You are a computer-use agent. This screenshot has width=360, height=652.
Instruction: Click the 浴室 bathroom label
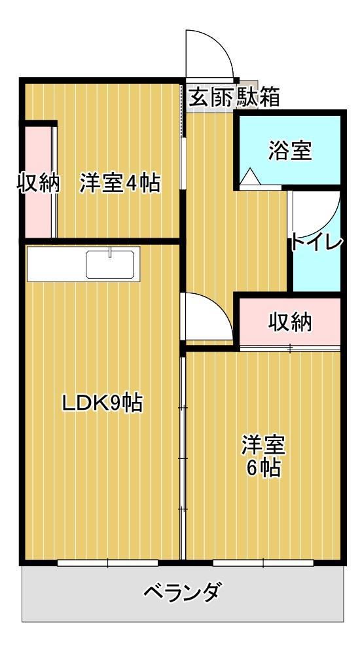[289, 151]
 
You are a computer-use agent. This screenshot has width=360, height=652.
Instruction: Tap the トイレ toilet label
[317, 242]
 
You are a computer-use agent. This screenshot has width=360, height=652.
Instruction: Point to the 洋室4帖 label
[120, 183]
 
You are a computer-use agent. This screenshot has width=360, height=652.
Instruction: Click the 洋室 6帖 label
[263, 456]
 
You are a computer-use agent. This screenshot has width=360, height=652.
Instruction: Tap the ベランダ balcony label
[181, 594]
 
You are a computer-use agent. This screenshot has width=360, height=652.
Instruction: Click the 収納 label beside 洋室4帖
[38, 183]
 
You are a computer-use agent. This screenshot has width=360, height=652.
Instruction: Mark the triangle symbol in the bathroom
[249, 177]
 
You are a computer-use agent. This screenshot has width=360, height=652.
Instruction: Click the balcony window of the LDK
[107, 562]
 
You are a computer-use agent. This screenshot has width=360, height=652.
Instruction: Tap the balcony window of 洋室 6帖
[263, 562]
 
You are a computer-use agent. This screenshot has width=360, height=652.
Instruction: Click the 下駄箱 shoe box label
[257, 97]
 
